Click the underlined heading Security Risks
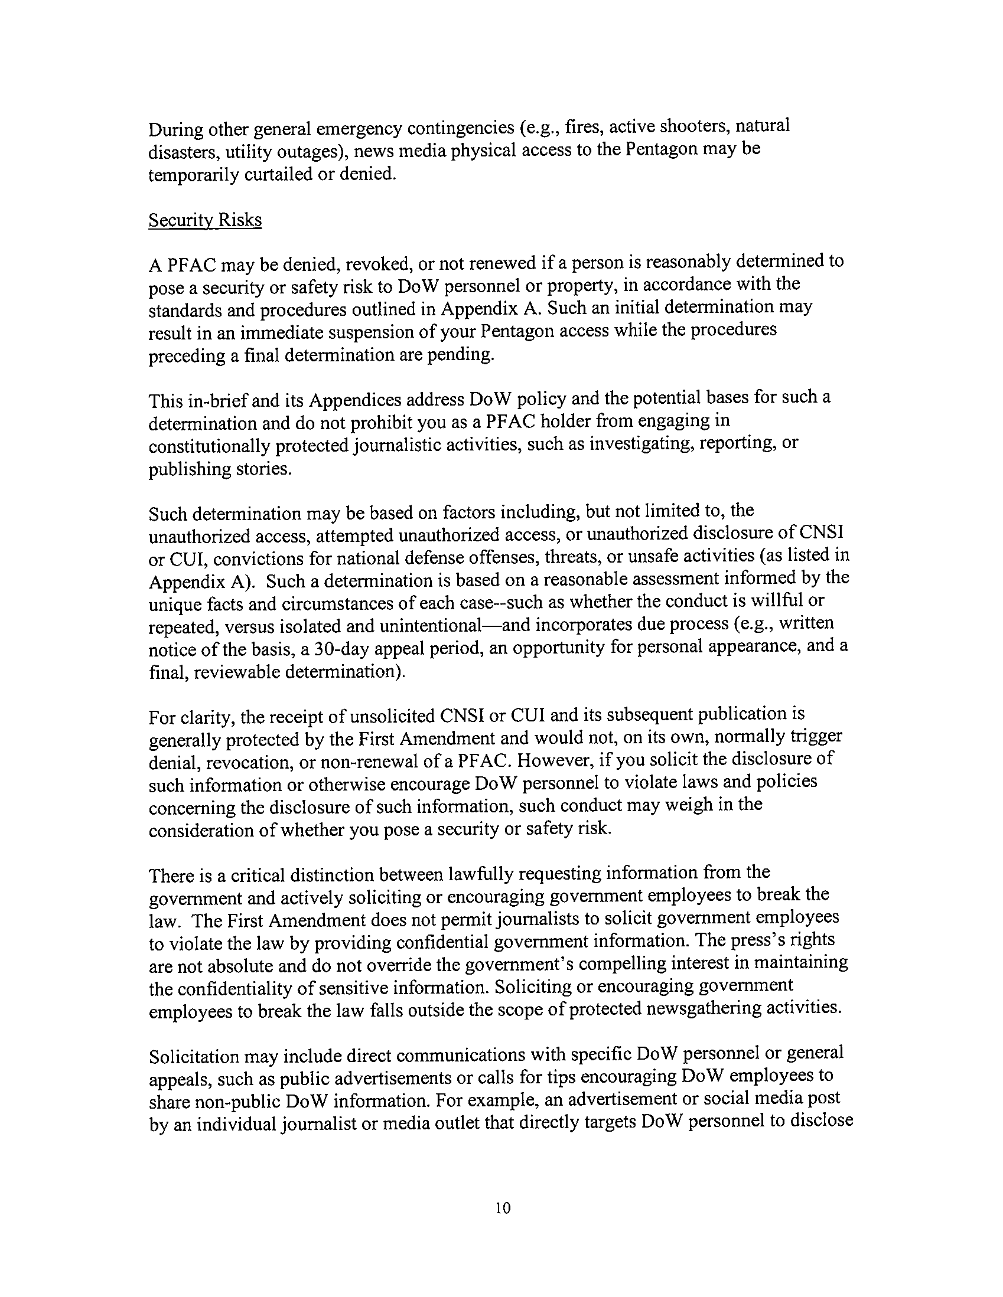coord(205,220)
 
